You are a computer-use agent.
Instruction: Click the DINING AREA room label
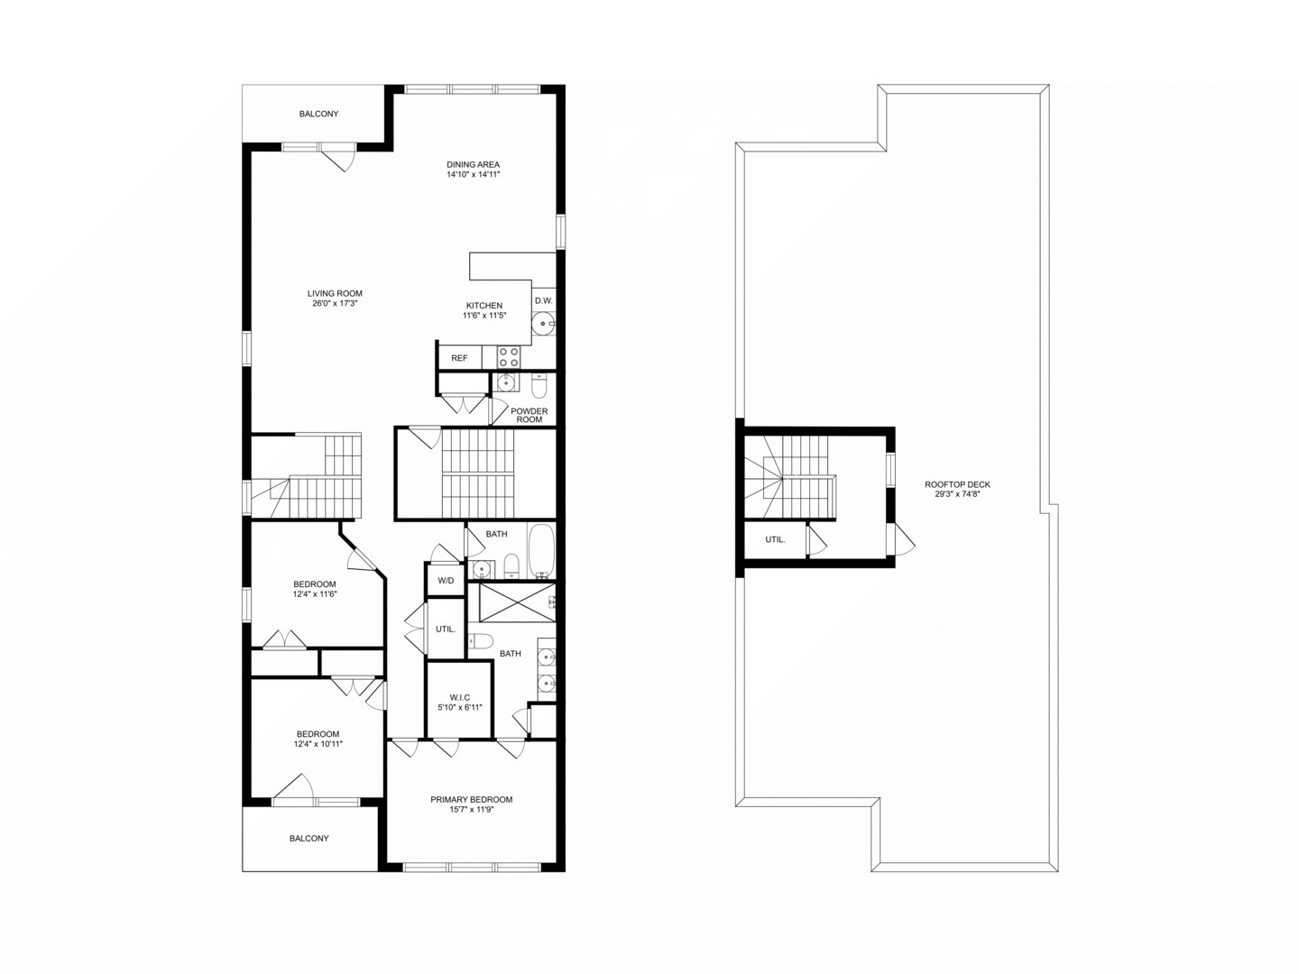(x=473, y=164)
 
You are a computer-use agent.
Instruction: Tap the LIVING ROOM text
(x=335, y=293)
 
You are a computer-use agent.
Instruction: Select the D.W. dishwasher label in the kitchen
(x=543, y=300)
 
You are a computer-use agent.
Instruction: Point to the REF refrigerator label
(x=459, y=358)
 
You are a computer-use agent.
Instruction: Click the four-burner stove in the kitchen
(x=509, y=357)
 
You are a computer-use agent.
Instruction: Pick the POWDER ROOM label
(x=529, y=415)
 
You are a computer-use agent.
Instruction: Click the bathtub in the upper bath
(x=542, y=551)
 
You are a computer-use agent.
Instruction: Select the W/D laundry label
(x=446, y=580)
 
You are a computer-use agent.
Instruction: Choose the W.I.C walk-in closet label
(x=459, y=696)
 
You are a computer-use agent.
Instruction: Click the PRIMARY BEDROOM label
(x=471, y=799)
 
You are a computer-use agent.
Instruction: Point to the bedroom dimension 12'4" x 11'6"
(x=314, y=594)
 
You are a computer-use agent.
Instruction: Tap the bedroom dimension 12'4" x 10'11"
(x=318, y=744)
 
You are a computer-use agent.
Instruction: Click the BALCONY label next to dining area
(x=318, y=114)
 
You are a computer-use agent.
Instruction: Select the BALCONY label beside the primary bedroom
(x=309, y=838)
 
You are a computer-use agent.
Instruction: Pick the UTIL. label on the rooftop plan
(x=775, y=539)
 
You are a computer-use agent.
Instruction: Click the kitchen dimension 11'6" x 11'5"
(x=484, y=316)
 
